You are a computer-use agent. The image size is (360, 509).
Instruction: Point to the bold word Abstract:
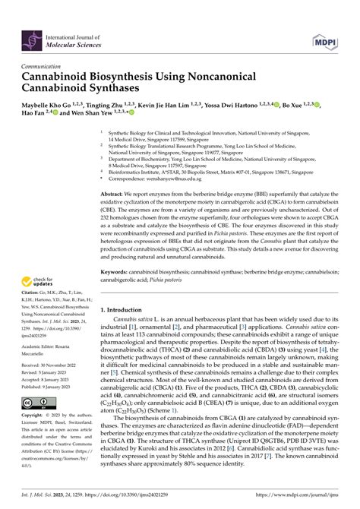[114, 194]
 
